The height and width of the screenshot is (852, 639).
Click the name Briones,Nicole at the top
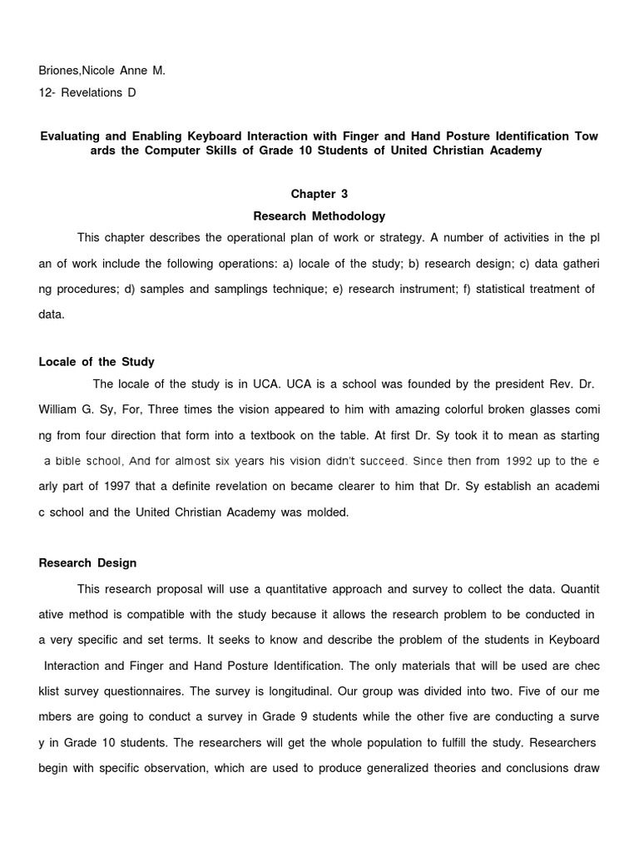80,71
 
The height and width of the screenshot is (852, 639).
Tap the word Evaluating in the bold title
74,136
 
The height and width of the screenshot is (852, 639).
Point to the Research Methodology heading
319,215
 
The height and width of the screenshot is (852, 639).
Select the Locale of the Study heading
97,362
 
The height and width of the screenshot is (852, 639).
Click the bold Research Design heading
87,563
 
